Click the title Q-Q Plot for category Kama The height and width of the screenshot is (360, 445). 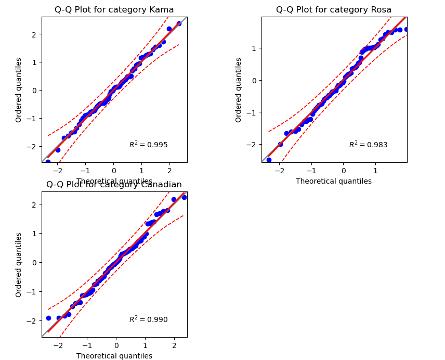click(114, 9)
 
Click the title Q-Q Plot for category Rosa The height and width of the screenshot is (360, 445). click(334, 9)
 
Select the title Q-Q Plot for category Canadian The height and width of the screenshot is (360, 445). click(114, 185)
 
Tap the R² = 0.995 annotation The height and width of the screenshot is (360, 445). click(148, 145)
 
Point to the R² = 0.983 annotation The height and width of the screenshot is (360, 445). click(368, 145)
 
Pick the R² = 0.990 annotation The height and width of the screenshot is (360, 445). click(148, 319)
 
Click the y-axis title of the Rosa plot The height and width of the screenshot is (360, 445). click(239, 89)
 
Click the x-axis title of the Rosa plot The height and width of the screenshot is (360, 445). click(334, 181)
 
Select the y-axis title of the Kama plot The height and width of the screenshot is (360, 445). click(19, 89)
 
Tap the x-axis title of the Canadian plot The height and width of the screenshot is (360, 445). click(114, 356)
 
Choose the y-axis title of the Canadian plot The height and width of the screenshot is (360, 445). click(19, 264)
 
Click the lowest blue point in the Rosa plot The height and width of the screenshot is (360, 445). click(269, 160)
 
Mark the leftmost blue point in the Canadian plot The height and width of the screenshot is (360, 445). click(48, 318)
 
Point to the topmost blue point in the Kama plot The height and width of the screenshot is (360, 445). click(179, 23)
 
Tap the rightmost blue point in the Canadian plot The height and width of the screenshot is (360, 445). click(184, 197)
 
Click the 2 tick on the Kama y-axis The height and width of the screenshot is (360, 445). click(35, 34)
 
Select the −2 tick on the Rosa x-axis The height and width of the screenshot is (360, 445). click(279, 170)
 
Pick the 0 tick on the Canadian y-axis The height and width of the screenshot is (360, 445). click(35, 262)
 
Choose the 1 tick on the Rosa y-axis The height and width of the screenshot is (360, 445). click(255, 48)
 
